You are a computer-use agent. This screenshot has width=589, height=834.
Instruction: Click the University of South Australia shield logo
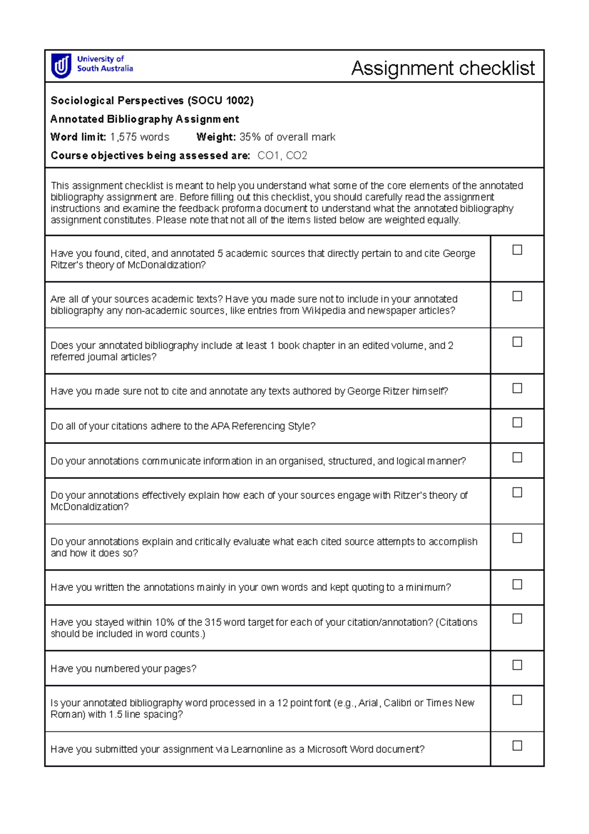(x=61, y=66)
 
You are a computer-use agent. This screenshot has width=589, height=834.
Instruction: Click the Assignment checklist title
(x=443, y=68)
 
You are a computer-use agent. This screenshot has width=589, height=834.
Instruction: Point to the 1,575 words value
(x=139, y=137)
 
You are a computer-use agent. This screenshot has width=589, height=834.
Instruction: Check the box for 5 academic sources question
(x=517, y=250)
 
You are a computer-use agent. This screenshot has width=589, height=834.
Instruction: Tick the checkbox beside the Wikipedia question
(x=517, y=296)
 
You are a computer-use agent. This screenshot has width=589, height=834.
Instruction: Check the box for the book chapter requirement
(x=517, y=342)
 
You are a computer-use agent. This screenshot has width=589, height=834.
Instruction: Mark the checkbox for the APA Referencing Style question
(x=517, y=422)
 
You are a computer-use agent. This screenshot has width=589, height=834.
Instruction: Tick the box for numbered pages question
(x=517, y=665)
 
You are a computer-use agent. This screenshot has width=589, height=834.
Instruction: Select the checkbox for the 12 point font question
(x=517, y=700)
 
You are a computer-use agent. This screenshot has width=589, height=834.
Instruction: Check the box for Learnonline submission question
(x=517, y=746)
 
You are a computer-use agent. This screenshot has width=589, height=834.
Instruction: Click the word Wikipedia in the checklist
(x=323, y=311)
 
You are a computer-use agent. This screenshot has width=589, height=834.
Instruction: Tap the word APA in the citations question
(x=220, y=426)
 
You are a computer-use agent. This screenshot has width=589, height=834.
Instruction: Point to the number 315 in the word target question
(x=213, y=622)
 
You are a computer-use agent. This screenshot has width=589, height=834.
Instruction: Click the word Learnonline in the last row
(x=257, y=750)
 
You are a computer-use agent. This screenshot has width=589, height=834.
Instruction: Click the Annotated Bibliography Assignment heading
(x=145, y=119)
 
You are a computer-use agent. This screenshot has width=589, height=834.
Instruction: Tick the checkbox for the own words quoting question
(x=517, y=584)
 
